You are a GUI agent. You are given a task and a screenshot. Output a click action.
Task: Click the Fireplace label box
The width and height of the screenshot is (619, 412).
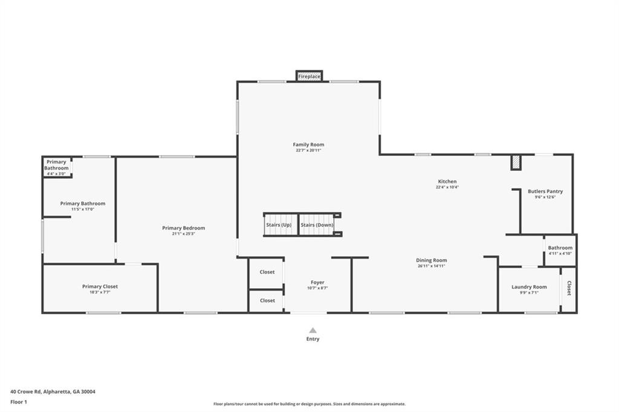(x=309, y=76)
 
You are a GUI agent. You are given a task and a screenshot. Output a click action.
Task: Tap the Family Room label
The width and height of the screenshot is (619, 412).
(x=308, y=144)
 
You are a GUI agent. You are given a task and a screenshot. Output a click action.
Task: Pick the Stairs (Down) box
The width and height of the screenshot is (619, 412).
(x=317, y=225)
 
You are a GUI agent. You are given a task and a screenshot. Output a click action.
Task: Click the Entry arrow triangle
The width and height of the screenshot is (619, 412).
(x=313, y=330)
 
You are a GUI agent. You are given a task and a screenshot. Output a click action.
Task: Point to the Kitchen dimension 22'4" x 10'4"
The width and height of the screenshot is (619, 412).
(x=447, y=187)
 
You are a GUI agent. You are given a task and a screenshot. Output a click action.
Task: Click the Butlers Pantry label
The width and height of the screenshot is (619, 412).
(x=545, y=192)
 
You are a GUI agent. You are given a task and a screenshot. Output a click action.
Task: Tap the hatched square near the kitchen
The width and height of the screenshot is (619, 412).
(x=516, y=162)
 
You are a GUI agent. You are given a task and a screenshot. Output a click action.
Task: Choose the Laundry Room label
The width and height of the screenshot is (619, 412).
(x=529, y=287)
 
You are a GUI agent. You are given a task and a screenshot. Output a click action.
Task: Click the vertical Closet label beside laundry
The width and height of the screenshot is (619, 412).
(x=569, y=288)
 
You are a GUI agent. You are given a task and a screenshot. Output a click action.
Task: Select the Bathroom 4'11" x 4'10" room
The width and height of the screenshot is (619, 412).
(x=560, y=251)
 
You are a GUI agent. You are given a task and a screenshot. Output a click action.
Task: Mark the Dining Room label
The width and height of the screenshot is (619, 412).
(x=432, y=260)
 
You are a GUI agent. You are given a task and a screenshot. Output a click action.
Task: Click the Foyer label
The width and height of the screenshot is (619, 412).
(x=317, y=282)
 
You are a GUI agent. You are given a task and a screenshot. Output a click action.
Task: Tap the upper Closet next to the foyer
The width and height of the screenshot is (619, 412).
(x=267, y=272)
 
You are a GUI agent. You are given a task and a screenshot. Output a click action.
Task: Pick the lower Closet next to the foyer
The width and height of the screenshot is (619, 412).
(x=267, y=300)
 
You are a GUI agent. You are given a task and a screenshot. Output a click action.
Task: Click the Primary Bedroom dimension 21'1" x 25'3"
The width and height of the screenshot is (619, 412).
(x=184, y=234)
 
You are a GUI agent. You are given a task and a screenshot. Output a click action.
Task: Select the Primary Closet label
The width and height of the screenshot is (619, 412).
(x=100, y=286)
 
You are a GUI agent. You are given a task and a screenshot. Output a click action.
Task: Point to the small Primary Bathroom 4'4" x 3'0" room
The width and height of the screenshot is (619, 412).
(x=57, y=167)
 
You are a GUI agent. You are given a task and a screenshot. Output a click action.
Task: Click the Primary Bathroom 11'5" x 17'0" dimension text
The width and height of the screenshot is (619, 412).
(x=82, y=209)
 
